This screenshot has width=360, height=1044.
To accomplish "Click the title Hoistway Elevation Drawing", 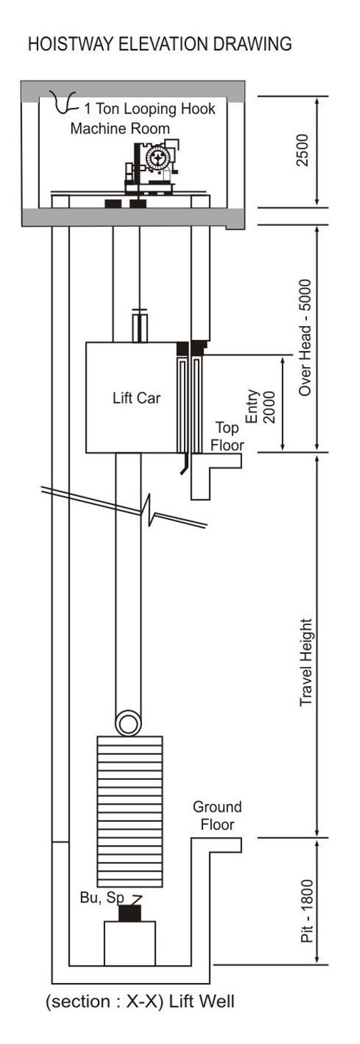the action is click(x=160, y=43).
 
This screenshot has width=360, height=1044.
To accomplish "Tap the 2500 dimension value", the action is click(x=303, y=150).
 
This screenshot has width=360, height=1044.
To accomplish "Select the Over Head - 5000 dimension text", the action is click(x=305, y=337).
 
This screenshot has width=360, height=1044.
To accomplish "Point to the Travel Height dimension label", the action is click(x=306, y=663).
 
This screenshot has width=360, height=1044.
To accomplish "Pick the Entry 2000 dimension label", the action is click(x=261, y=406).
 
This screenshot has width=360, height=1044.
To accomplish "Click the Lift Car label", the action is click(x=136, y=398).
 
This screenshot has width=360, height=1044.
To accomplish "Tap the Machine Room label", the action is click(x=120, y=128).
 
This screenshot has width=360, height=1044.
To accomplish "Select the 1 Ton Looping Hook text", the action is click(x=149, y=109).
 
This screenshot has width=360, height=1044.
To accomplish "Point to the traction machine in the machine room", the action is click(x=152, y=165).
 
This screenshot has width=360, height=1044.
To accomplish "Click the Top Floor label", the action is click(x=227, y=436).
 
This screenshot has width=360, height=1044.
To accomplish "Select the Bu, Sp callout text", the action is click(x=102, y=897).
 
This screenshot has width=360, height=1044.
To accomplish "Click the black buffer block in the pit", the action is click(x=129, y=913).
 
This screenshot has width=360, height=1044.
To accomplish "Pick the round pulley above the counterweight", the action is click(x=128, y=723).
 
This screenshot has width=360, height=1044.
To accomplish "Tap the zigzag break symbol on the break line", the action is click(x=148, y=510).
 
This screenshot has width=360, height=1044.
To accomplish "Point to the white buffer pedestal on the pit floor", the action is click(x=129, y=943).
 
